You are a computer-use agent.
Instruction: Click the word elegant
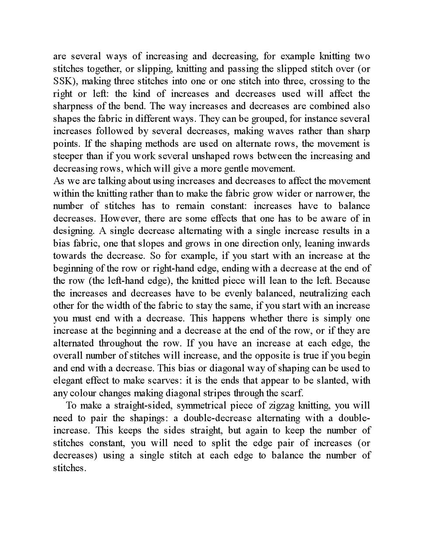69,380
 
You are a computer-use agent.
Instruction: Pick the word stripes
215,392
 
